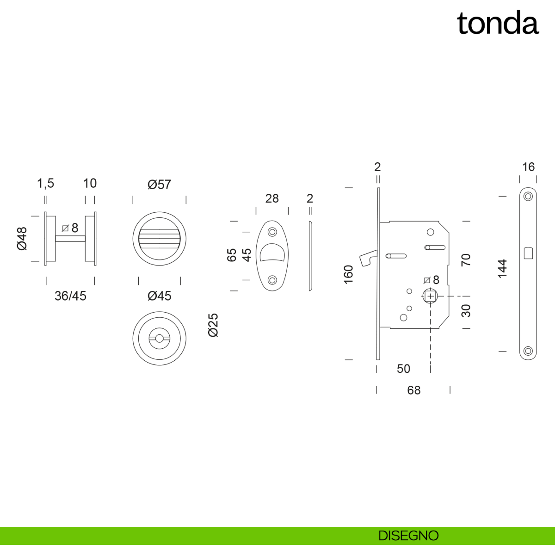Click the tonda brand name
498,23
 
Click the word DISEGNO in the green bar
408,536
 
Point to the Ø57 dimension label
159,185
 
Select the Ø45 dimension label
159,296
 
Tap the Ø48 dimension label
22,239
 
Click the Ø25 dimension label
213,325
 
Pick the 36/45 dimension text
70,296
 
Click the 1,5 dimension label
46,184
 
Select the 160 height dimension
349,274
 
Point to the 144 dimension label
502,268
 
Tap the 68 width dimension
414,390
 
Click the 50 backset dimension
403,369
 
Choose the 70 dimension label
466,259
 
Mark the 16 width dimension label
528,167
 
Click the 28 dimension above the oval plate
272,198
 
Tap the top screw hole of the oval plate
272,231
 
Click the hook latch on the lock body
370,258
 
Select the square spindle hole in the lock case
430,296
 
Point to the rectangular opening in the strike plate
528,253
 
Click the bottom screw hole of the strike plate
528,351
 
